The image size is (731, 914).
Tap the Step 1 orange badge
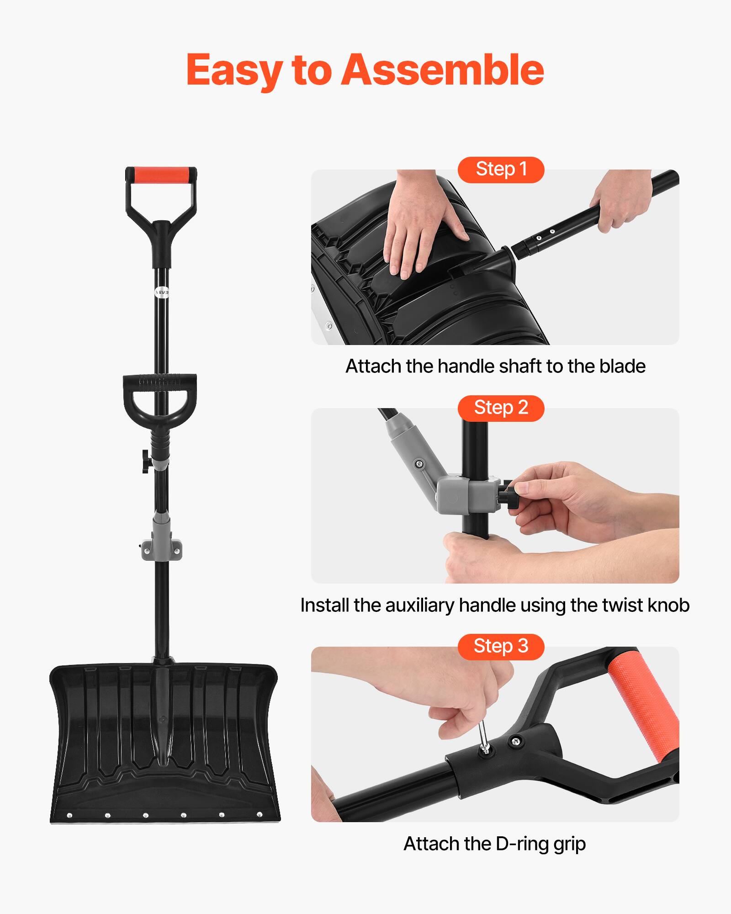pos(501,170)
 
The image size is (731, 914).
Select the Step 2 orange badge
pos(501,408)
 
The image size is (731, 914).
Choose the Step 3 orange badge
pos(501,647)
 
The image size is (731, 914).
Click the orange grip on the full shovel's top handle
pos(161,174)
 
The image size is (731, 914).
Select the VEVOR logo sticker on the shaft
pos(162,292)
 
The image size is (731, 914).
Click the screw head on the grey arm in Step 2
pos(418,465)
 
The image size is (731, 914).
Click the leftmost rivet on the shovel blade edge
pos(69,815)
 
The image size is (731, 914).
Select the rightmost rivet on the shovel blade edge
pos(260,814)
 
